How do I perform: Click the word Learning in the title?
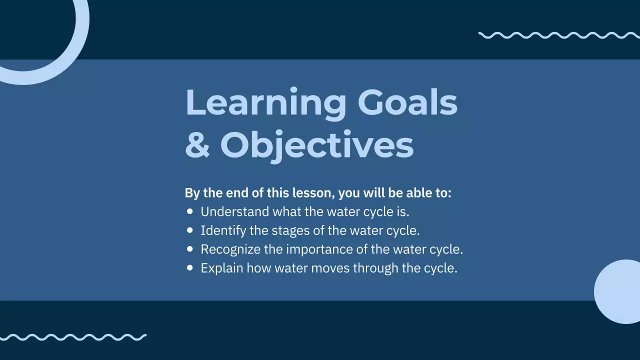[x=265, y=103]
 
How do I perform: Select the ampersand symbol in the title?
[x=197, y=145]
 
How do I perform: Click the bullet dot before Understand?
[x=189, y=211]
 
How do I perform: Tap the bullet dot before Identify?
[x=189, y=230]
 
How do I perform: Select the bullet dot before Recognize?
[x=189, y=249]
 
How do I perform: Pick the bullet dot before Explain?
[x=189, y=268]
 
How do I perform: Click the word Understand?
[x=234, y=212]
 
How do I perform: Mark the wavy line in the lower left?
[x=73, y=337]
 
